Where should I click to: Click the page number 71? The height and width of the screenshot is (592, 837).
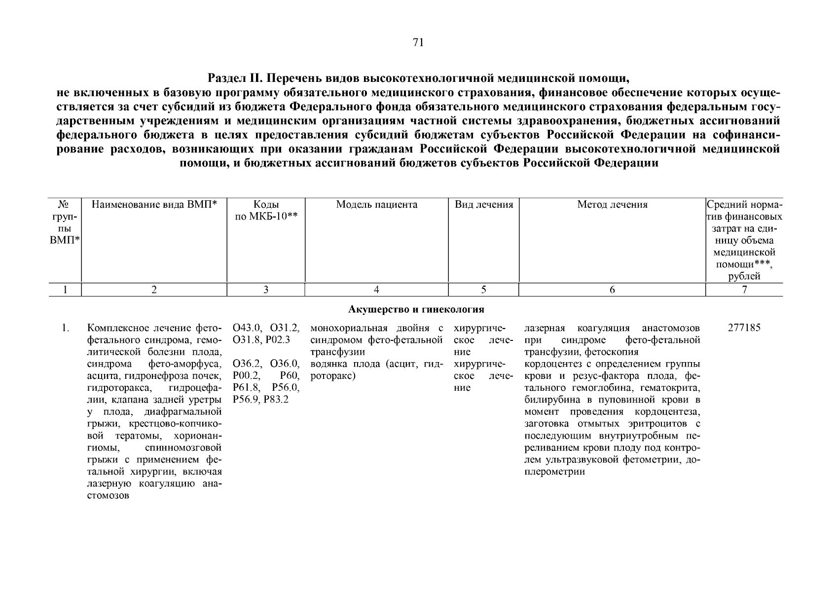click(x=418, y=42)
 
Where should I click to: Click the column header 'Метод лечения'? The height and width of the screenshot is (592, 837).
click(x=612, y=205)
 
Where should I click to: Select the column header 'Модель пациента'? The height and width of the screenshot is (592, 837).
click(x=376, y=205)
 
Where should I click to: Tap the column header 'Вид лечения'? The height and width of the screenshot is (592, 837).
click(x=483, y=205)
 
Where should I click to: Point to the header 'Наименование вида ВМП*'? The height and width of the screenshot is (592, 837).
click(x=154, y=205)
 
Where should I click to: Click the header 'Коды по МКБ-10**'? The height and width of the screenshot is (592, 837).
click(x=266, y=211)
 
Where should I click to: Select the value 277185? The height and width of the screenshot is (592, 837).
click(x=744, y=328)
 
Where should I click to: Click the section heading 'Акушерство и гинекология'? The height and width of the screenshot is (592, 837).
click(x=416, y=310)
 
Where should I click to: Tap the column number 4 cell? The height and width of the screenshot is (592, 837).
click(x=376, y=290)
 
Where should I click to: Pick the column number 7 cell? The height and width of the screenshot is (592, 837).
click(x=744, y=290)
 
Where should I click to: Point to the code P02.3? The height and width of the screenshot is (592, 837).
click(x=278, y=340)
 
